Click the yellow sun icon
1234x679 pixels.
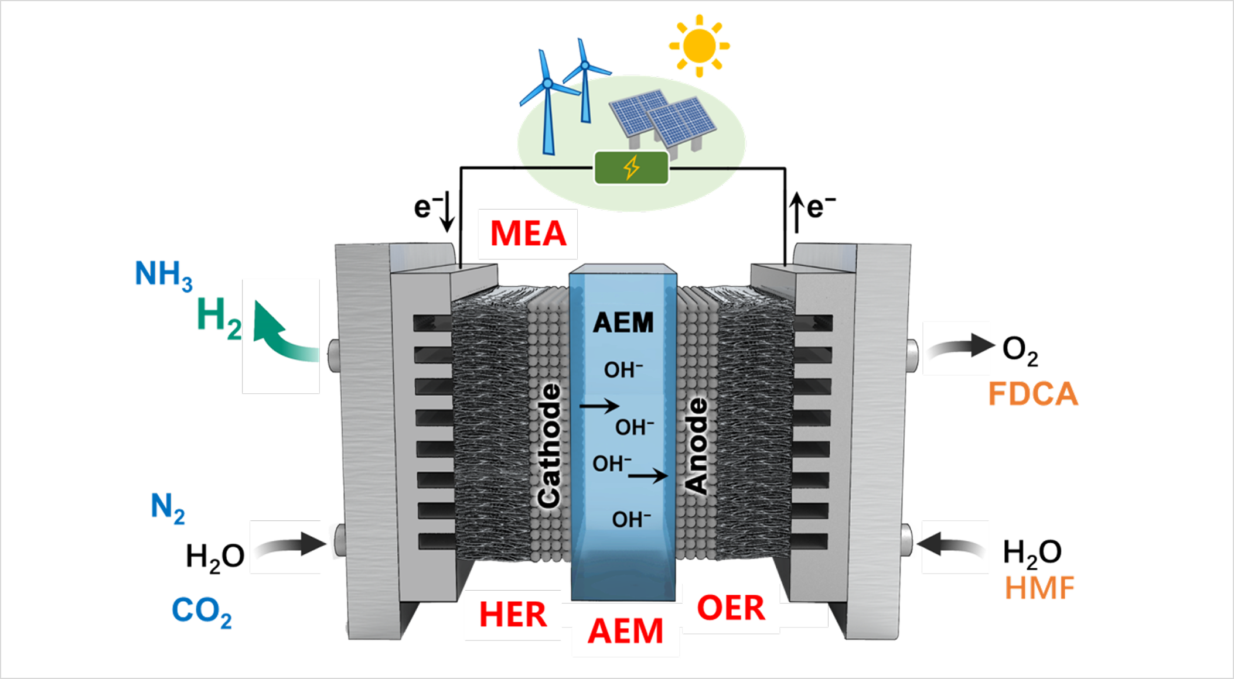tap(699, 46)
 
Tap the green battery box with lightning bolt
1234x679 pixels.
tap(631, 168)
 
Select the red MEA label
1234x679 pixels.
tap(528, 234)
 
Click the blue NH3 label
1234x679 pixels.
tap(163, 275)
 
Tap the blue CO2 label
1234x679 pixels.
tap(201, 611)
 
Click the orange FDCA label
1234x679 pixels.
tap(1033, 393)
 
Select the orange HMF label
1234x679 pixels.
tap(1040, 588)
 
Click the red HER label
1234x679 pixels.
tap(513, 615)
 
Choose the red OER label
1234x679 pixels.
tap(731, 608)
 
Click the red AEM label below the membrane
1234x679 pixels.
tap(625, 631)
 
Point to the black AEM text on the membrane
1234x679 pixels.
tap(623, 323)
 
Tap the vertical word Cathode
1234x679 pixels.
tap(550, 445)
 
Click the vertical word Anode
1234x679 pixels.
tap(697, 446)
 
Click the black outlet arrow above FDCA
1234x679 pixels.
tap(959, 347)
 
